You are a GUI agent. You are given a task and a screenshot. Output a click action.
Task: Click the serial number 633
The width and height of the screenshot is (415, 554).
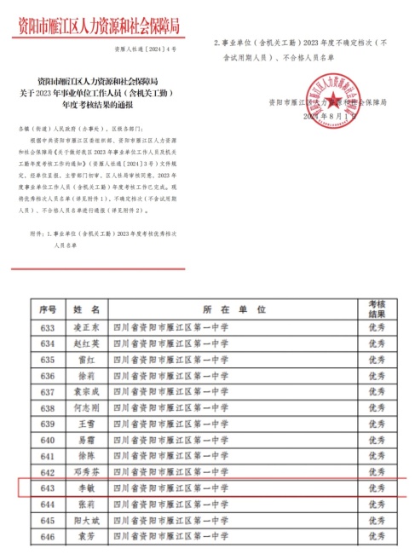pyautogui.click(x=47, y=326)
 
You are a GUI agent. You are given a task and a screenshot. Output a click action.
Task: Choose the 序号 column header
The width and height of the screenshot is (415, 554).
pyautogui.click(x=47, y=307)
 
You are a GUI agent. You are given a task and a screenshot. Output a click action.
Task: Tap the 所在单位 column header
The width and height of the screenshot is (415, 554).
pyautogui.click(x=235, y=307)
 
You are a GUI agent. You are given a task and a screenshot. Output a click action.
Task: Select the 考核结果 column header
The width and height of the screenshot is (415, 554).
pyautogui.click(x=376, y=307)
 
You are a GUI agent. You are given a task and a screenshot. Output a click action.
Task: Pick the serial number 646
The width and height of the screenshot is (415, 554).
pyautogui.click(x=47, y=537)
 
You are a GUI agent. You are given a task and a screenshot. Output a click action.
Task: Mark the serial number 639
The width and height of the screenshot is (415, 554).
pyautogui.click(x=47, y=424)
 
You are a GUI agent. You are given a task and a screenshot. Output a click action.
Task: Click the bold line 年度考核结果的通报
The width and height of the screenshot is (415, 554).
pyautogui.click(x=105, y=105)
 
